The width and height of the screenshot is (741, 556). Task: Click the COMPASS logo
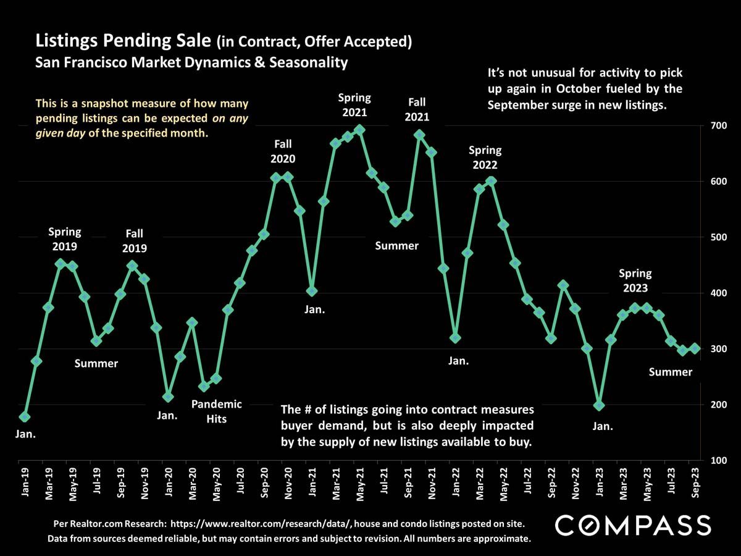633,525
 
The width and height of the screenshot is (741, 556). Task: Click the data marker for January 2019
24,418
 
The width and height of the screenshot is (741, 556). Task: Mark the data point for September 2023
695,348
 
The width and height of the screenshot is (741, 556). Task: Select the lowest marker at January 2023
599,405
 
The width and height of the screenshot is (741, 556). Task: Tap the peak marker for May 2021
359,130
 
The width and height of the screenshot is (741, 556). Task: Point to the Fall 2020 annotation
283,151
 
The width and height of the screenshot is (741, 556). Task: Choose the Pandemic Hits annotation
217,411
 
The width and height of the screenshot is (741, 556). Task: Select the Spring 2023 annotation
635,280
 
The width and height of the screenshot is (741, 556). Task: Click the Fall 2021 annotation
417,109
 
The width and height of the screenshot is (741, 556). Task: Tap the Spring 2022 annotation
485,158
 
